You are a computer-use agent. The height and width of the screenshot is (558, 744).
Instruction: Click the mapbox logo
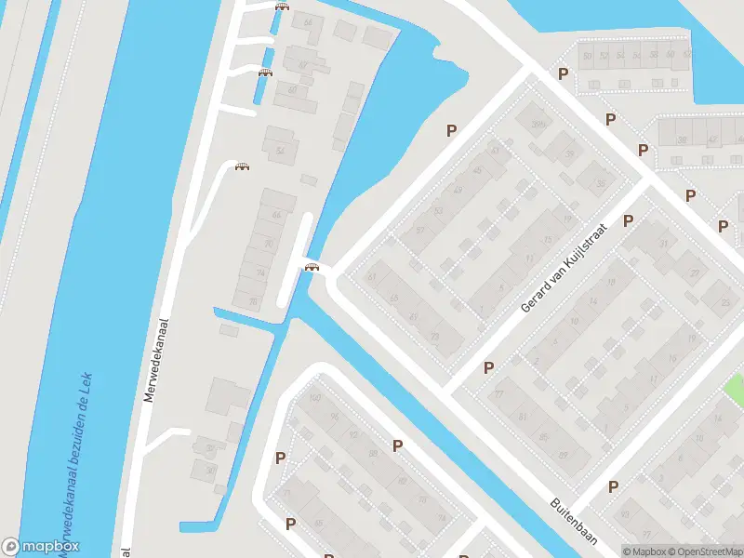click(41, 547)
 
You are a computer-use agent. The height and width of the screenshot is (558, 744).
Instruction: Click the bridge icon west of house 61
click(312, 268)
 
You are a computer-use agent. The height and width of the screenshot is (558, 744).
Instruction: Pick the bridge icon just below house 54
click(243, 166)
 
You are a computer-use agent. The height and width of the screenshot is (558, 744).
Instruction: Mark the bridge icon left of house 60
click(265, 73)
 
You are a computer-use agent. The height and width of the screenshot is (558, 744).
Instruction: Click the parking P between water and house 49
click(452, 131)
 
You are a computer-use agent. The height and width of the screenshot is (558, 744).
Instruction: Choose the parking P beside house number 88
click(398, 445)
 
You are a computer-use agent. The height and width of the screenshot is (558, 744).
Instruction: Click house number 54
click(279, 150)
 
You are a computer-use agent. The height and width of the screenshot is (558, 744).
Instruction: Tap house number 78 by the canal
click(252, 300)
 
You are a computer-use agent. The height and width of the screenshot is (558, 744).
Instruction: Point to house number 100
click(314, 398)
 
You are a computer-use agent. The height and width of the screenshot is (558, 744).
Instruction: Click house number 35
click(601, 183)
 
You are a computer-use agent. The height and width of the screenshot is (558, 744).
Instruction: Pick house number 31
click(663, 243)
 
